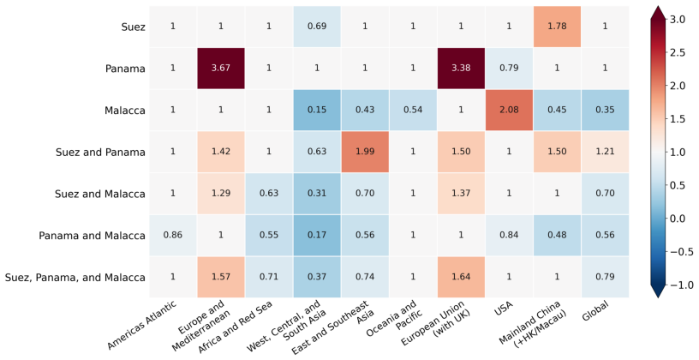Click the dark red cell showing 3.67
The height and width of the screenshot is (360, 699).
tap(221, 69)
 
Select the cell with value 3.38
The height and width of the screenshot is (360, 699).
tap(461, 69)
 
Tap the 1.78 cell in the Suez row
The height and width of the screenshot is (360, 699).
tap(558, 27)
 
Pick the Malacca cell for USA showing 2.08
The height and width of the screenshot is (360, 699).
tap(509, 111)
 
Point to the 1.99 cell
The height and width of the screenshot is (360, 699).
tap(365, 152)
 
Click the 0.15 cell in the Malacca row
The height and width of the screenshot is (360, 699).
tap(317, 111)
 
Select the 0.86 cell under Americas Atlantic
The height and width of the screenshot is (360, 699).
tap(172, 235)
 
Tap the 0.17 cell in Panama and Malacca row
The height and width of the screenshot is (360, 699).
tap(317, 235)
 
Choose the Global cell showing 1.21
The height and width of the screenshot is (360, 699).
tap(605, 152)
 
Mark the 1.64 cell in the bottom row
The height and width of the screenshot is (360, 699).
tap(461, 277)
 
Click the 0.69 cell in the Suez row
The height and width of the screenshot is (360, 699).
tap(317, 27)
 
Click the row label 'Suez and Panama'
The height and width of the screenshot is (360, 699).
tap(100, 152)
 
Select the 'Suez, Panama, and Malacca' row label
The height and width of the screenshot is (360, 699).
tap(75, 278)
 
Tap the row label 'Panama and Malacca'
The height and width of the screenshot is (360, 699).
tap(92, 236)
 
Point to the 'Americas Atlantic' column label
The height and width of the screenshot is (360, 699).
tap(142, 325)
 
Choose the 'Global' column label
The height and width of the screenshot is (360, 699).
tap(595, 311)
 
